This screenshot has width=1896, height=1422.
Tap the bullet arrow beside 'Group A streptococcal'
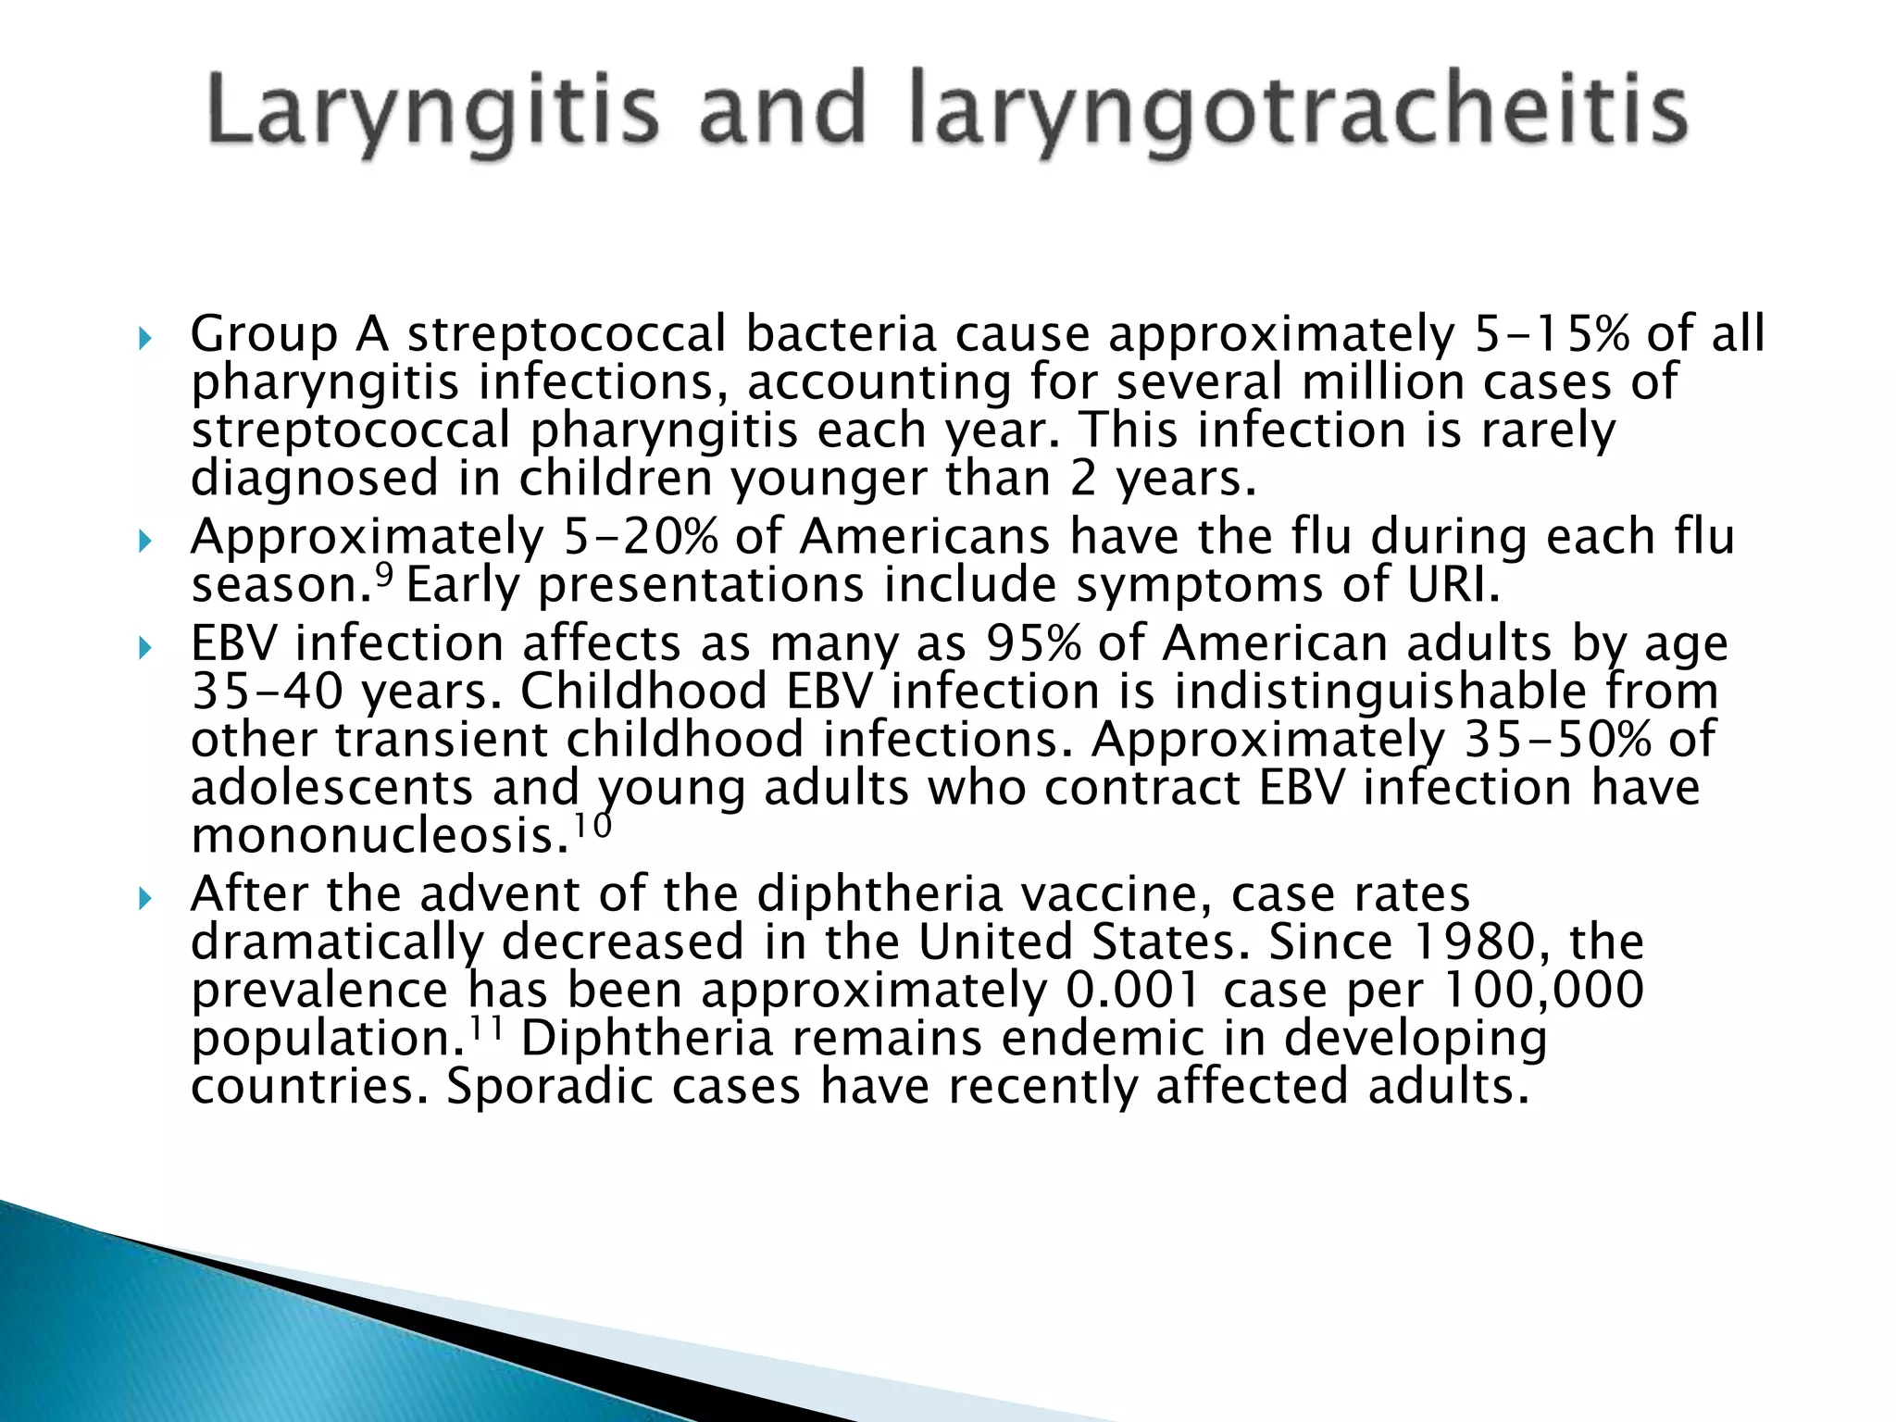143,339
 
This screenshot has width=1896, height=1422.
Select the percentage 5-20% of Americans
641,537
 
